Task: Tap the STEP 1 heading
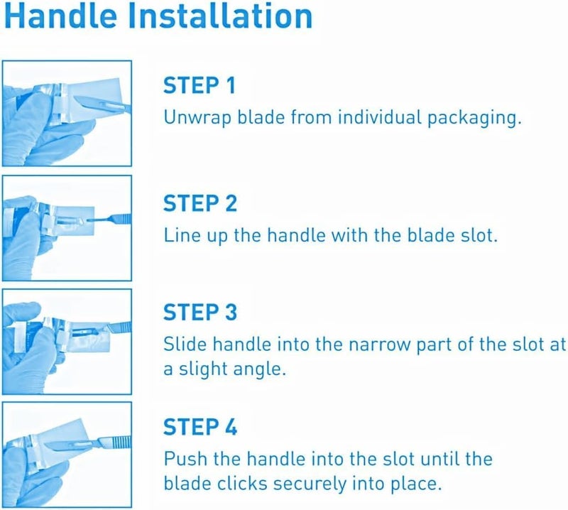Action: [200, 87]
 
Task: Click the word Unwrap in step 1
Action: [192, 118]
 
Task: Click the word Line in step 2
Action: [179, 234]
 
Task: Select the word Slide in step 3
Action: [182, 344]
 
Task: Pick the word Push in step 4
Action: [182, 458]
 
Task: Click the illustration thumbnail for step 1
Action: [67, 114]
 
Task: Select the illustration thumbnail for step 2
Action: [67, 227]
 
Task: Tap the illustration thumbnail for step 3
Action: [67, 341]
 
